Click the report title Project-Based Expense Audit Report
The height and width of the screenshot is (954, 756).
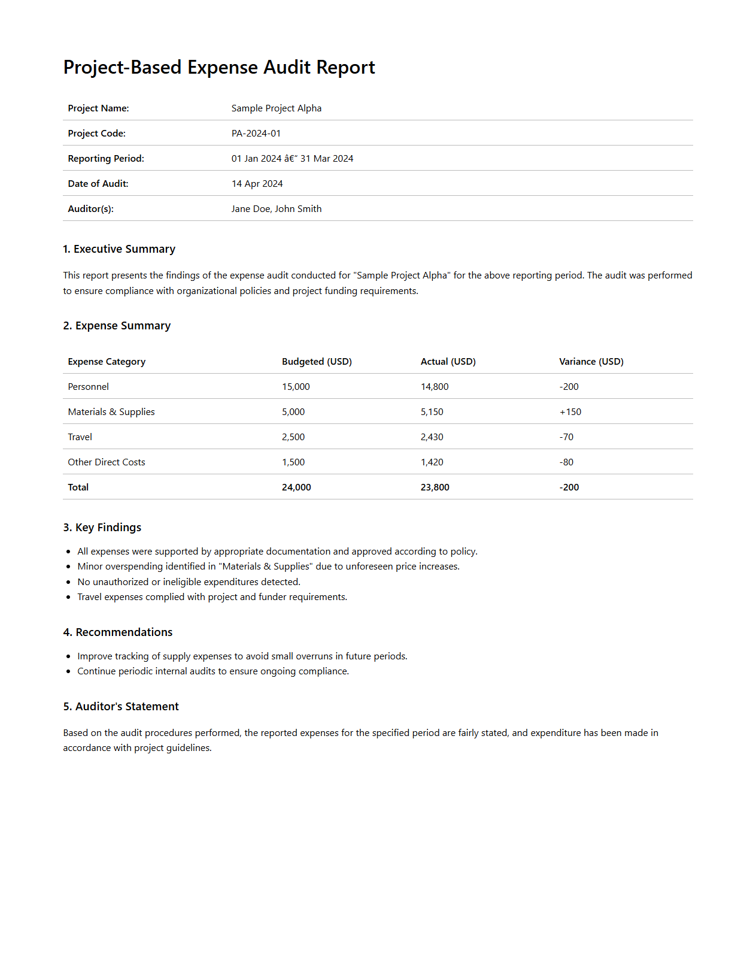pyautogui.click(x=219, y=68)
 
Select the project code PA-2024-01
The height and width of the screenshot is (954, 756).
pyautogui.click(x=256, y=134)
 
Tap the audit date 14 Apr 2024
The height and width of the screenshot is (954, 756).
pyautogui.click(x=257, y=184)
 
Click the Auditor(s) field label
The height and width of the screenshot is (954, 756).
pyautogui.click(x=90, y=209)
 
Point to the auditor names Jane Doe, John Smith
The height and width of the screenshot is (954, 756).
pyautogui.click(x=277, y=209)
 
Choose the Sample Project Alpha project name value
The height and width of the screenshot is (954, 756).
pyautogui.click(x=277, y=108)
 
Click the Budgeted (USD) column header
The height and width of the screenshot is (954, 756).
pyautogui.click(x=317, y=362)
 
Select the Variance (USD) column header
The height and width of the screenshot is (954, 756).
pyautogui.click(x=591, y=362)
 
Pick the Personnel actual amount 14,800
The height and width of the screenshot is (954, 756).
pyautogui.click(x=435, y=387)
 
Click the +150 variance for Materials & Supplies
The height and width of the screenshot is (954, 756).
pyautogui.click(x=570, y=412)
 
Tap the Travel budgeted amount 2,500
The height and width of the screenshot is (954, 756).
pyautogui.click(x=293, y=437)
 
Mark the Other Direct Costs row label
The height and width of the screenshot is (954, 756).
pyautogui.click(x=107, y=462)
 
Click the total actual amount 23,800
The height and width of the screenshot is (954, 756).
pyautogui.click(x=435, y=487)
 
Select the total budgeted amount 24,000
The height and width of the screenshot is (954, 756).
pyautogui.click(x=296, y=487)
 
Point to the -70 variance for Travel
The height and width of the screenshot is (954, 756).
pyautogui.click(x=566, y=437)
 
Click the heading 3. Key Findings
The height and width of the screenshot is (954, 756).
pyautogui.click(x=102, y=528)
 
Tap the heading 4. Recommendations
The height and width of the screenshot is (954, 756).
pyautogui.click(x=118, y=632)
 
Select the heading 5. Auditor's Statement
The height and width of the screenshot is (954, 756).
pyautogui.click(x=121, y=707)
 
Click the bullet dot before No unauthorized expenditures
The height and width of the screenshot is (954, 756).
pyautogui.click(x=69, y=582)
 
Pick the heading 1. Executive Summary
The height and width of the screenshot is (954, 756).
pyautogui.click(x=119, y=249)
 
